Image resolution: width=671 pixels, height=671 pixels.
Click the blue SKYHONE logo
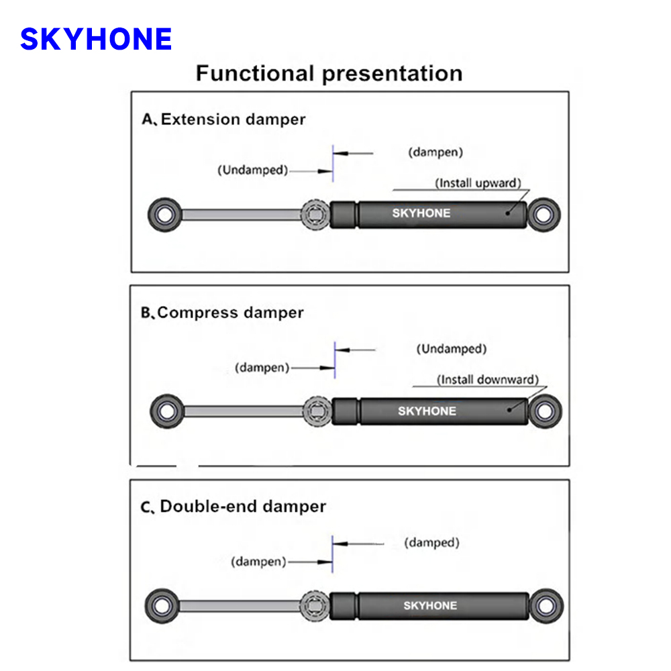tap(96, 40)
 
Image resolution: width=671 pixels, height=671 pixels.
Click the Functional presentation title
tap(329, 73)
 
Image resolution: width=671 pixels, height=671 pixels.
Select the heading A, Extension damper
tap(223, 119)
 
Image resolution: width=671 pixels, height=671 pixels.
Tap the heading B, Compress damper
tap(222, 313)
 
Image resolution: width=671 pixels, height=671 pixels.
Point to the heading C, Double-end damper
tap(233, 506)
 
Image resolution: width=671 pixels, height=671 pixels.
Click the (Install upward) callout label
tap(478, 183)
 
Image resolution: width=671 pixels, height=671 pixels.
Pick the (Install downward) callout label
tap(488, 380)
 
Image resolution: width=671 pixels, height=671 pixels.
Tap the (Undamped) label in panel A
tap(252, 170)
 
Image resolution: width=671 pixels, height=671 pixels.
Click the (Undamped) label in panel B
tap(451, 349)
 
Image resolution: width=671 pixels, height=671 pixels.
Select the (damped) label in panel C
tap(431, 542)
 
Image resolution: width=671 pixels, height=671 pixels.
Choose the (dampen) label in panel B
tap(262, 368)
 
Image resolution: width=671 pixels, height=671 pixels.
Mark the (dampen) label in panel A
tap(435, 152)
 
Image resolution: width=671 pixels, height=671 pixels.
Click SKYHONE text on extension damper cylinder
tap(421, 213)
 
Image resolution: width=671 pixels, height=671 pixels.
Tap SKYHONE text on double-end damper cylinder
tap(430, 606)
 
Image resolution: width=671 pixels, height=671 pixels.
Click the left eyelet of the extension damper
tap(163, 215)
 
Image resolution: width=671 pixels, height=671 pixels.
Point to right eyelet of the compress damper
tap(545, 411)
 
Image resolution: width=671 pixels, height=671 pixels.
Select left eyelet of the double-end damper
tap(162, 607)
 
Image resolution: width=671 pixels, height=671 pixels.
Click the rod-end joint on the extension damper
tap(314, 215)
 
